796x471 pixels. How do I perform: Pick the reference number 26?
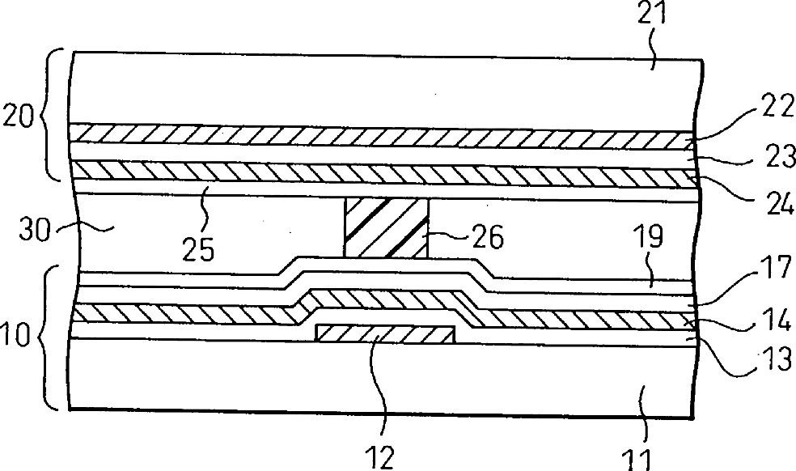point(485,237)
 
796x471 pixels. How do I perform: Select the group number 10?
point(18,332)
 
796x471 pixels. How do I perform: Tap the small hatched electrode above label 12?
point(385,333)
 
